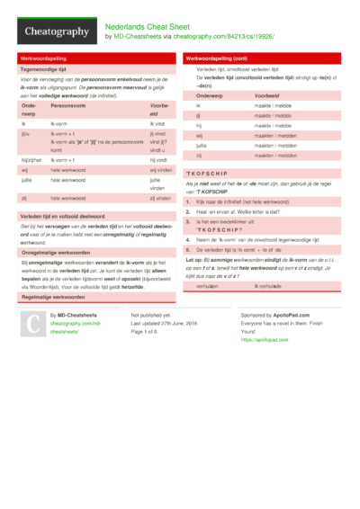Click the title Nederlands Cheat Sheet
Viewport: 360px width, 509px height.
pyautogui.click(x=148, y=27)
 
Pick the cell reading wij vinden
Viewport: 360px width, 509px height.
pyautogui.click(x=160, y=169)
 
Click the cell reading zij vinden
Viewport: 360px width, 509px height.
pyautogui.click(x=160, y=197)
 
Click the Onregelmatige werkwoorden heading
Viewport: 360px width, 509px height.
pyautogui.click(x=56, y=253)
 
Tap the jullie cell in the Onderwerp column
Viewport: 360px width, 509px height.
pyautogui.click(x=202, y=145)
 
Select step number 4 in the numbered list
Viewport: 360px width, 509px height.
pyautogui.click(x=187, y=240)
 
